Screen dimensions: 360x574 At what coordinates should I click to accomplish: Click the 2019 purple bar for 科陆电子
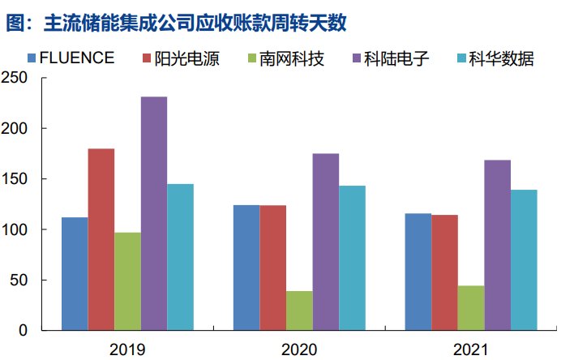point(154,214)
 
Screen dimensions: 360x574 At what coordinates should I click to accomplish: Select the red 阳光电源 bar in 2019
point(101,240)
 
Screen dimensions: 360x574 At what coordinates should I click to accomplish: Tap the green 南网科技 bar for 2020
point(299,311)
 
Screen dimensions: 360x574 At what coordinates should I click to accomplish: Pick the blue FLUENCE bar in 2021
point(418,272)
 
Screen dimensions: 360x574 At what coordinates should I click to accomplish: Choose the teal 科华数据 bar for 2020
point(352,258)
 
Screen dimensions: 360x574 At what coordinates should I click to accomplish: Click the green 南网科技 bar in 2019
point(127,281)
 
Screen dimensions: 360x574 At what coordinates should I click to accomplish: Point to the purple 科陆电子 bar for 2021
point(497,246)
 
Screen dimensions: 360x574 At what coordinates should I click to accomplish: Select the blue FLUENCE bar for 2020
point(246,268)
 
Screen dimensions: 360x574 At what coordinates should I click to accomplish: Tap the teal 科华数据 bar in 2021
point(524,260)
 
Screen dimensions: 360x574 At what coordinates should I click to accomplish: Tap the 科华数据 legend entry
point(503,58)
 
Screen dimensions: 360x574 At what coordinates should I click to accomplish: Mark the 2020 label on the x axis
point(299,349)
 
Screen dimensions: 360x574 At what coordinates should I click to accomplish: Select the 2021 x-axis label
point(471,349)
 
